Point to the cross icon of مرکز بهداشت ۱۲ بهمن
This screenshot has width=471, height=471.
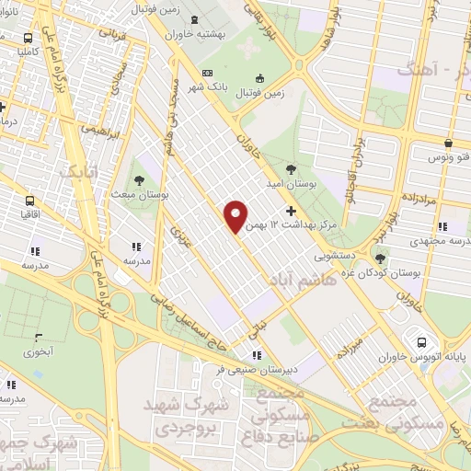click(292, 211)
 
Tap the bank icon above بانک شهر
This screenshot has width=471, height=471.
click(207, 74)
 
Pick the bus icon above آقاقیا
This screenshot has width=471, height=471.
click(29, 200)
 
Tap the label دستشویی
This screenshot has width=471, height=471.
click(337, 249)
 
